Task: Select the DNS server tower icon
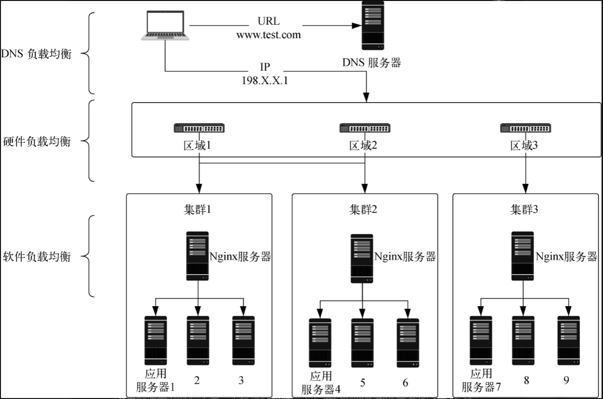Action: pyautogui.click(x=373, y=25)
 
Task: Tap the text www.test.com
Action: pyautogui.click(x=268, y=35)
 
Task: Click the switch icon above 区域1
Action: pyautogui.click(x=199, y=128)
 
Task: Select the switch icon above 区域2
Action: pyautogui.click(x=365, y=128)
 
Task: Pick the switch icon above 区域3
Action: pyautogui.click(x=526, y=128)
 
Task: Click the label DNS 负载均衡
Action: pyautogui.click(x=36, y=54)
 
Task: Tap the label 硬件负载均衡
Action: pyautogui.click(x=36, y=142)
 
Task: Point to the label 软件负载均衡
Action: pyautogui.click(x=36, y=256)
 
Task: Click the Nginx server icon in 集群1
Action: pyautogui.click(x=198, y=256)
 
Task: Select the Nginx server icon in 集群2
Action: pyautogui.click(x=362, y=259)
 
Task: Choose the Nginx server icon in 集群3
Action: pyautogui.click(x=523, y=256)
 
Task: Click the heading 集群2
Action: pyautogui.click(x=363, y=209)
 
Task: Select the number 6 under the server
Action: pyautogui.click(x=405, y=383)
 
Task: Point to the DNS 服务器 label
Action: pyautogui.click(x=372, y=63)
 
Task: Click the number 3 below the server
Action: pyautogui.click(x=241, y=380)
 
